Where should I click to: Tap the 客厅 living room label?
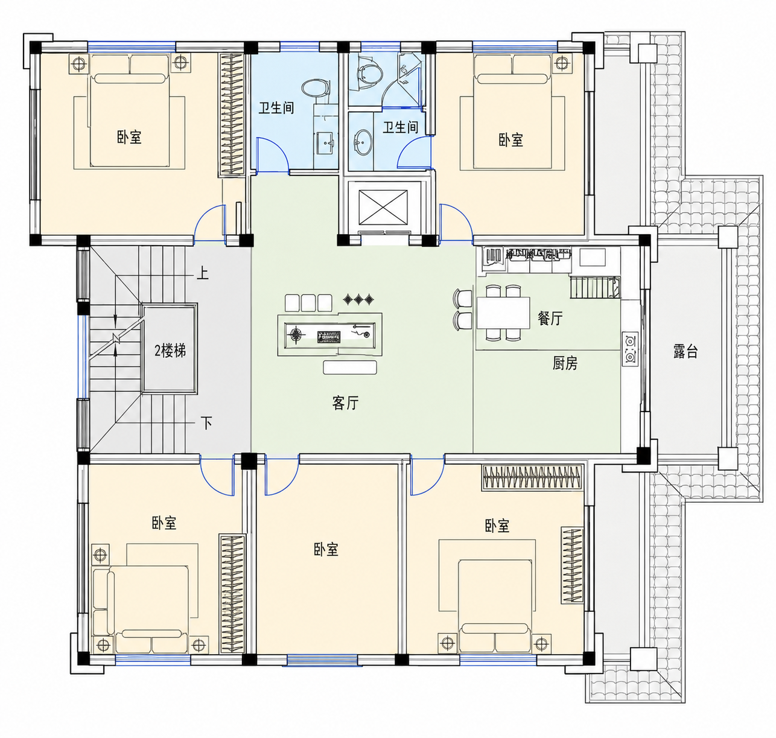345,403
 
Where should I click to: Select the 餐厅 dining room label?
550,318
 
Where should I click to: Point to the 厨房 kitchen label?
565,363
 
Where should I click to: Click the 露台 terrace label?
685,351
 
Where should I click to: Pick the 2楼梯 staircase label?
170,351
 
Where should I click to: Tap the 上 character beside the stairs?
203,273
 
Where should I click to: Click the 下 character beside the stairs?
206,422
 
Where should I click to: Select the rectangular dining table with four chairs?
503,313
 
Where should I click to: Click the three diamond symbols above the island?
358,300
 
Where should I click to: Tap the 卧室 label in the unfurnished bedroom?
326,550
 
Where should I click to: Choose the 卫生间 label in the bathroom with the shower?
401,127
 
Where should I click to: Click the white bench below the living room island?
350,367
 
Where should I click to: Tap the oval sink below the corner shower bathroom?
363,142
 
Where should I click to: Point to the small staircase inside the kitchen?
595,287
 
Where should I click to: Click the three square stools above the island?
308,303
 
